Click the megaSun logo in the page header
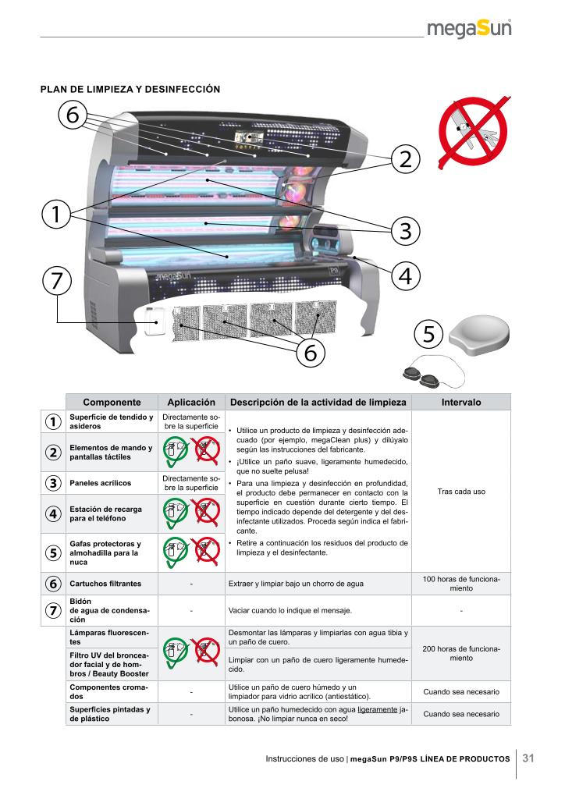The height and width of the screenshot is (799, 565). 469,29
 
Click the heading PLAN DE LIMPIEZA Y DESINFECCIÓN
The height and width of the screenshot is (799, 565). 130,89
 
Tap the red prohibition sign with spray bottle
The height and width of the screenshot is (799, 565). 474,131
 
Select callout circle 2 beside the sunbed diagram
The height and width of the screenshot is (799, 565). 406,159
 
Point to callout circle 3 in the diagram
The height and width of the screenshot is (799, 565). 406,230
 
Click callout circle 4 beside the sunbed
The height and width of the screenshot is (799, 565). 406,276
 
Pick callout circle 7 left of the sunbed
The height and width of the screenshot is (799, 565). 56,280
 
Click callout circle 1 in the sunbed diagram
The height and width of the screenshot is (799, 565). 56,214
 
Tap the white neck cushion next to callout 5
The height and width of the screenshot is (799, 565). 479,334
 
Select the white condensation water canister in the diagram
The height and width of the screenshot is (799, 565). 154,321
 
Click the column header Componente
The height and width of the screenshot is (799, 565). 112,402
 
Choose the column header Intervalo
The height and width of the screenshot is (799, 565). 461,402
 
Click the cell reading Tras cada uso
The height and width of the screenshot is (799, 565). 461,492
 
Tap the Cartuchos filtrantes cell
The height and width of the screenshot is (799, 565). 105,584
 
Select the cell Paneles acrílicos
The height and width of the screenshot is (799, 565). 101,482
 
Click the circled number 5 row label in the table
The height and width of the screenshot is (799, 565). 53,553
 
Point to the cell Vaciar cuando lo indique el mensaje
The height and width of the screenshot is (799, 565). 290,610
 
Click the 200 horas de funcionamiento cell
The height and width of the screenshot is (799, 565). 461,653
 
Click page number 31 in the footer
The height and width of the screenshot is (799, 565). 528,758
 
